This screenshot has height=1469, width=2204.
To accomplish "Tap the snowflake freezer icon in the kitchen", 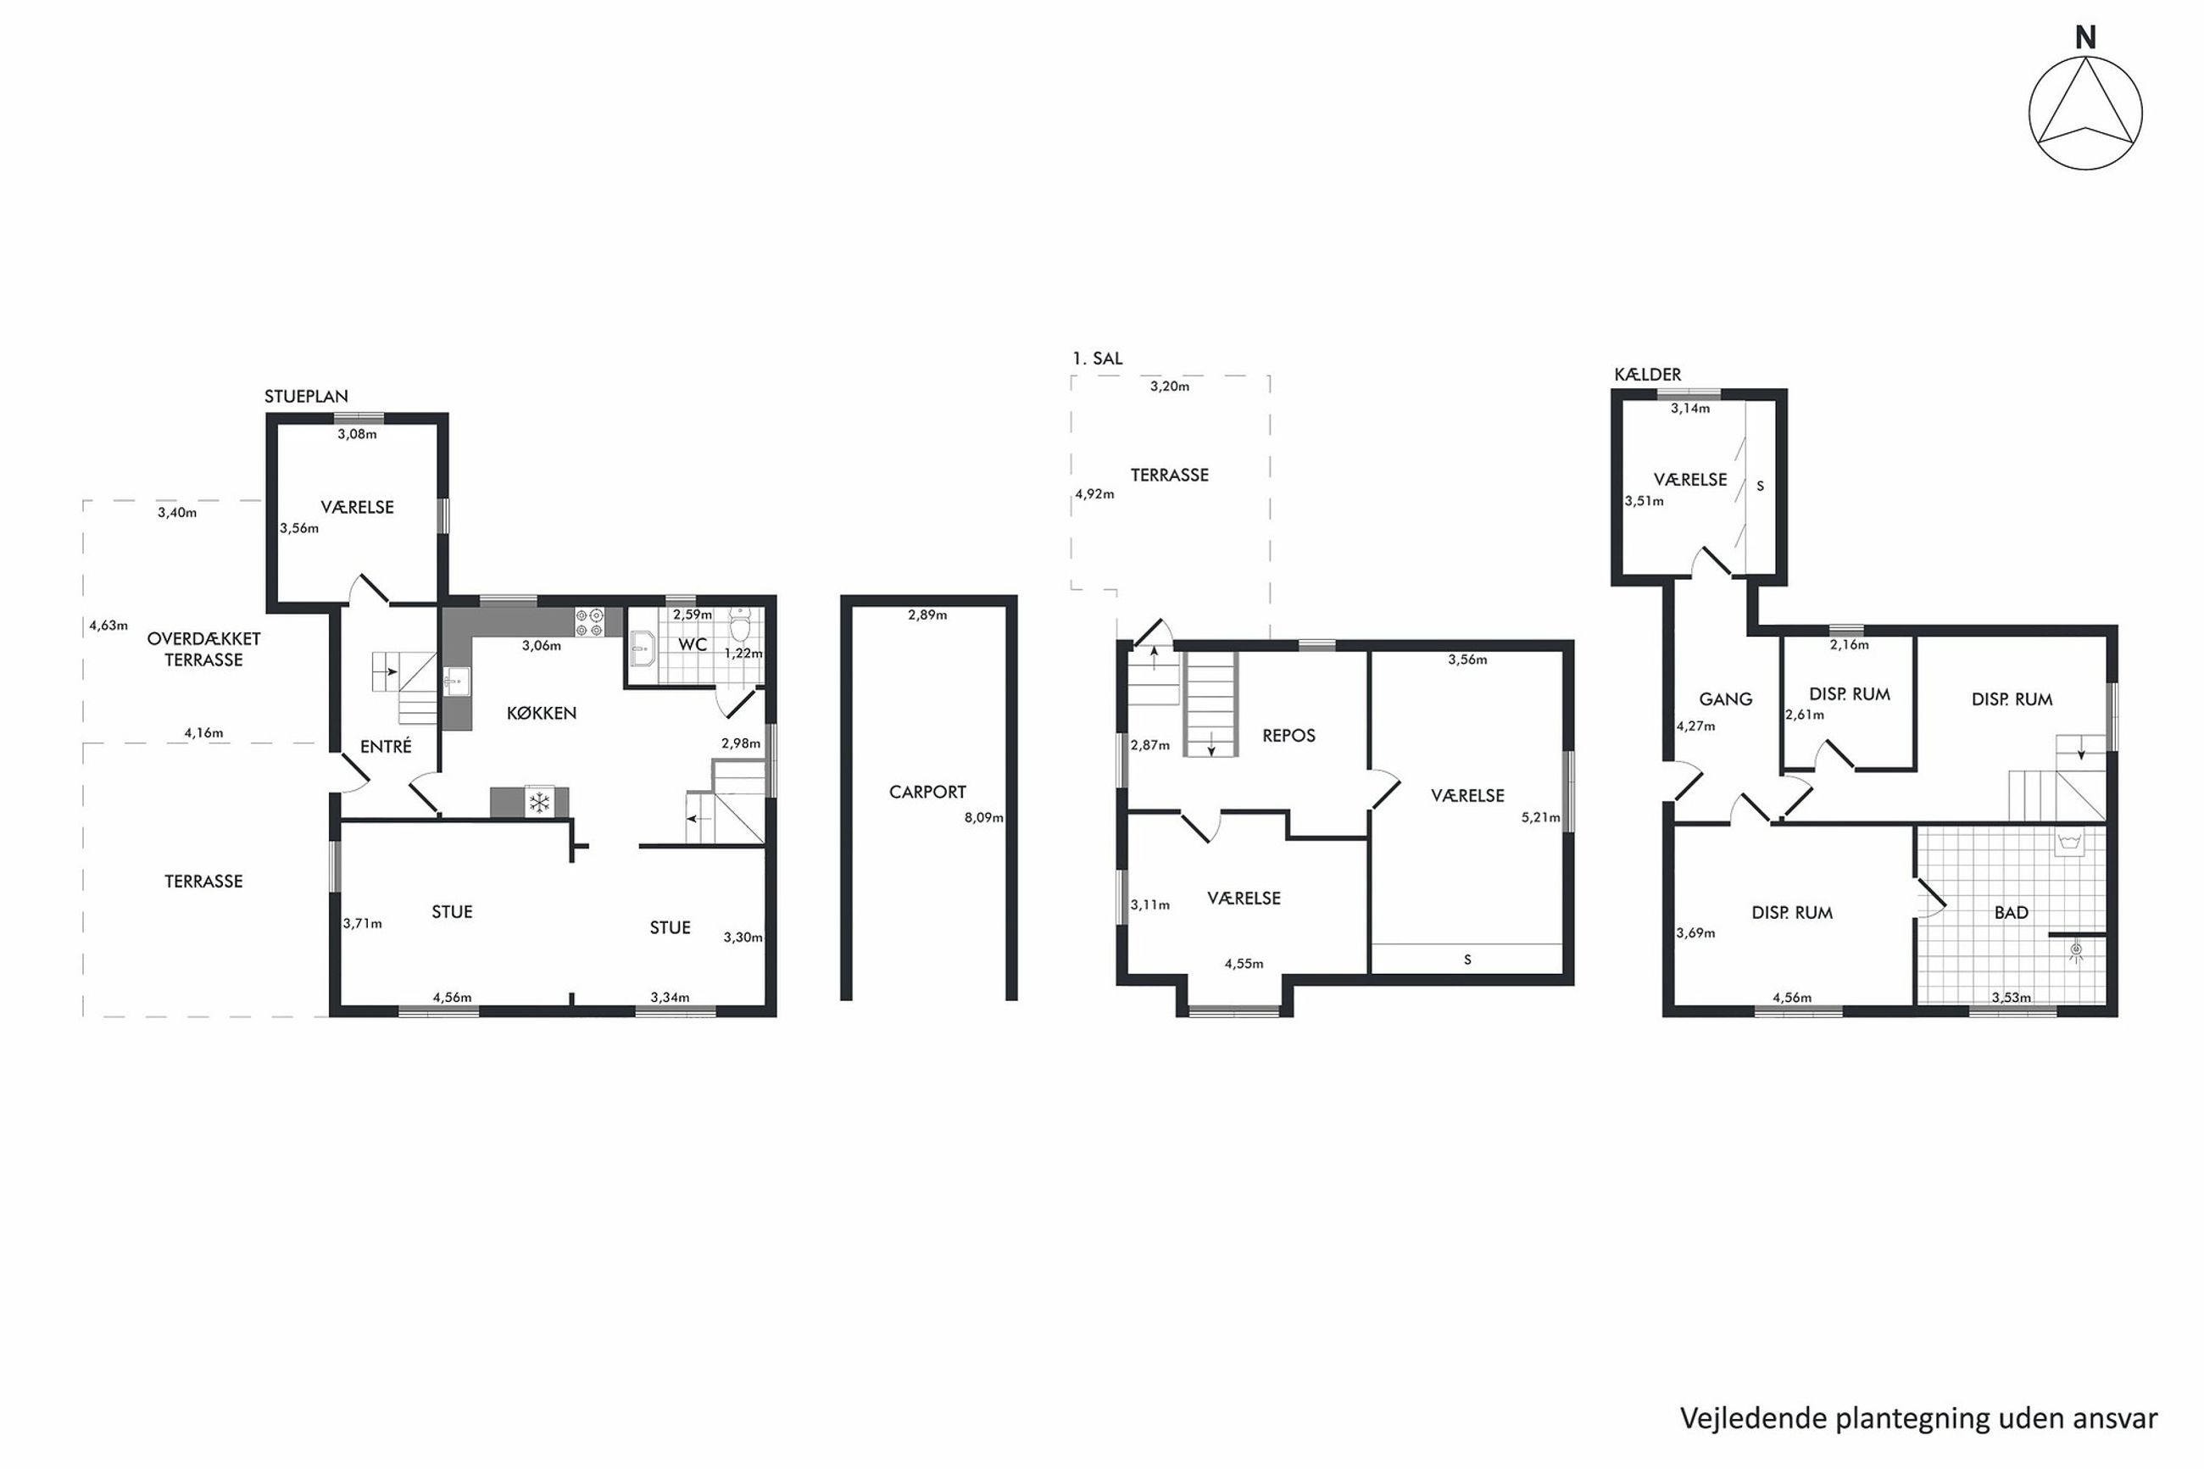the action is click(539, 803).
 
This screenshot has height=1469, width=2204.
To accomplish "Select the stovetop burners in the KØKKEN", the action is click(589, 622).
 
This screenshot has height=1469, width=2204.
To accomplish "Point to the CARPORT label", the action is click(927, 793).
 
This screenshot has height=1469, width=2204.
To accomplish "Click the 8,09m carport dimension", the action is click(983, 818).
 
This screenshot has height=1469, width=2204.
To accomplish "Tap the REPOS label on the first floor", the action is click(1288, 737).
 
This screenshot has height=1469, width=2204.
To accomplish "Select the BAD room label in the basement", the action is click(2011, 912).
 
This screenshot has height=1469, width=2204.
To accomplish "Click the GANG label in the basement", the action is click(1725, 699).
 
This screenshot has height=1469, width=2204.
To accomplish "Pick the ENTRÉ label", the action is click(386, 747).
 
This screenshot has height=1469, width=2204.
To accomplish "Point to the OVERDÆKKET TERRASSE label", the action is click(203, 649).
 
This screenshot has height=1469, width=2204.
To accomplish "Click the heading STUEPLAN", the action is click(306, 397).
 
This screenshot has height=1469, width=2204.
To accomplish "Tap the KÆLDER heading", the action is click(1648, 374).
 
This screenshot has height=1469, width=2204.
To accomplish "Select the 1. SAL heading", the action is click(1097, 358).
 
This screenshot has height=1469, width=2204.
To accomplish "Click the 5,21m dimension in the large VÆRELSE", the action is click(1541, 818).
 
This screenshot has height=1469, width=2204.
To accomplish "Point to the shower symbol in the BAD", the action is click(2076, 950).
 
